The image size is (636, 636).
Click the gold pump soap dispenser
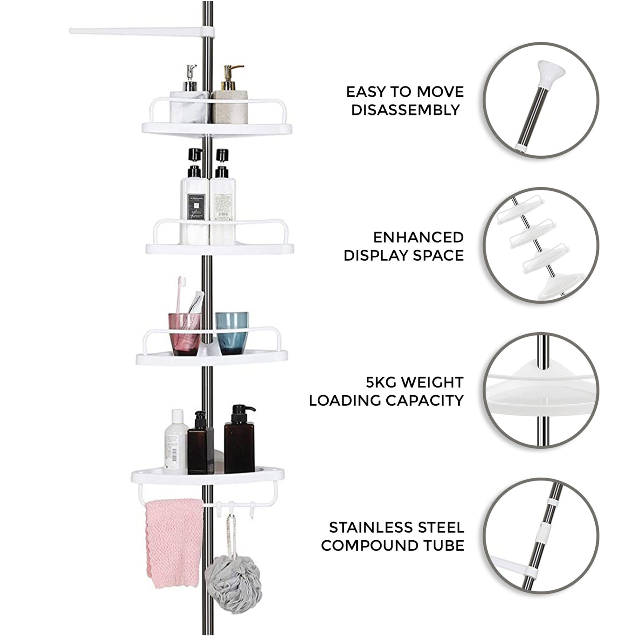230,99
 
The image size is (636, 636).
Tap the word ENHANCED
418,237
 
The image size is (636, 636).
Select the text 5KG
381,383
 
